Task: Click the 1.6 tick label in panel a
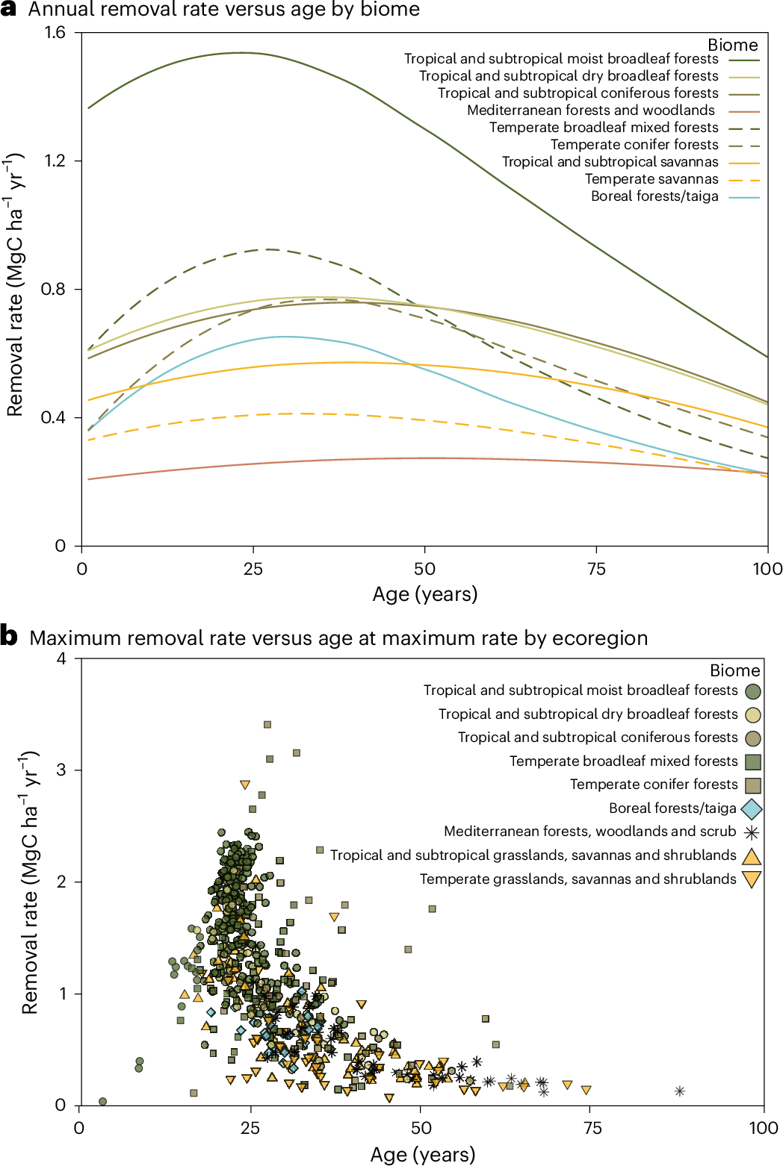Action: tap(55, 33)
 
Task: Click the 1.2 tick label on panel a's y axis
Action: tap(55, 161)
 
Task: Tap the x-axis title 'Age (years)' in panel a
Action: tap(424, 594)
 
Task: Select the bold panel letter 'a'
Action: tap(8, 10)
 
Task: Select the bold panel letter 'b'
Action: tap(9, 637)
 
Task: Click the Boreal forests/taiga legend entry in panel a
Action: tap(654, 196)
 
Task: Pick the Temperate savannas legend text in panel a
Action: tap(652, 179)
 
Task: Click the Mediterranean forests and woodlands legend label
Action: tap(591, 110)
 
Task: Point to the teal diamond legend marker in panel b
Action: tap(752, 809)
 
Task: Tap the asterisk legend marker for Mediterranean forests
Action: tap(752, 832)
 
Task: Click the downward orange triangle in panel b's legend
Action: tap(752, 879)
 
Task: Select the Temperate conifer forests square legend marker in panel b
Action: tap(752, 785)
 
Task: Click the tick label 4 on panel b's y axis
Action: tap(61, 659)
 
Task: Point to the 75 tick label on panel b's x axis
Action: tap(592, 1128)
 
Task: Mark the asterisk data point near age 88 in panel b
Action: tap(680, 1091)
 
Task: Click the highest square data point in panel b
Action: tap(267, 724)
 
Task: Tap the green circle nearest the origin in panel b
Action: tap(103, 1101)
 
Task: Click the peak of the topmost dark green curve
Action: tap(241, 52)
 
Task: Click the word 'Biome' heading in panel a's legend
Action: tap(732, 46)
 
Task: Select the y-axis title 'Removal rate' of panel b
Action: tap(30, 882)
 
